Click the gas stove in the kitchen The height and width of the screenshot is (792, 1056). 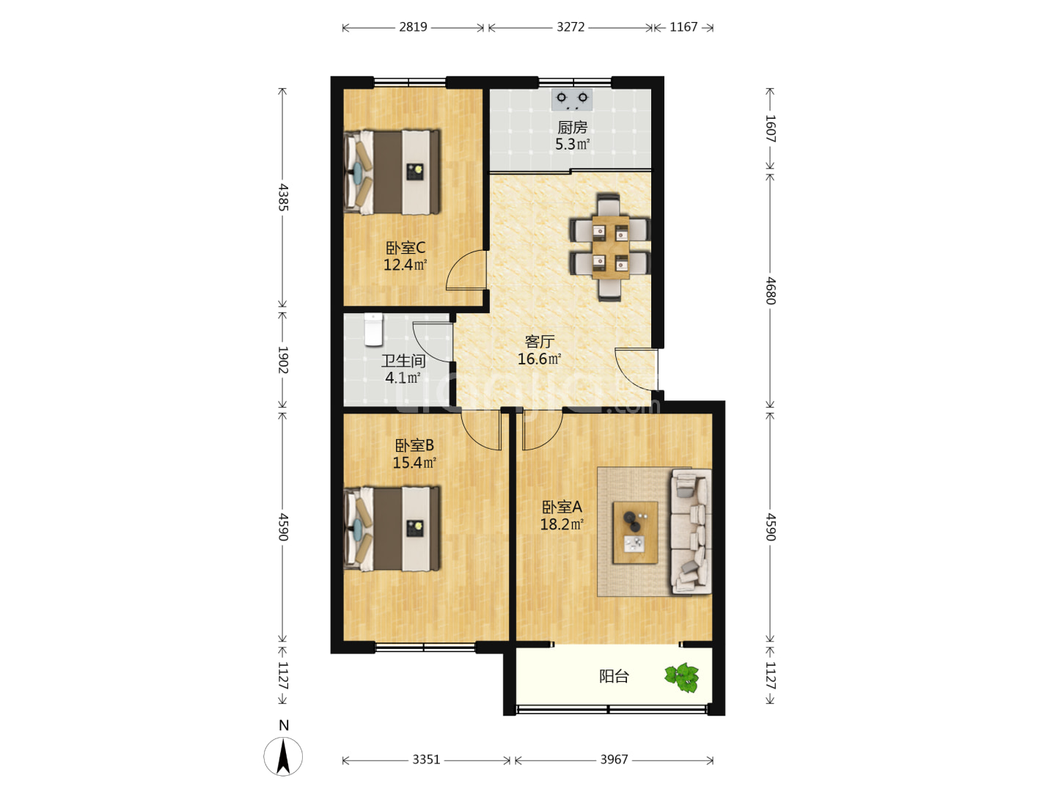pos(571,100)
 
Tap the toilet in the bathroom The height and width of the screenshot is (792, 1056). pos(373,329)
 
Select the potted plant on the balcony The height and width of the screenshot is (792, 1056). pos(682,678)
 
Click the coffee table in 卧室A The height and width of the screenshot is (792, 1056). pos(635,532)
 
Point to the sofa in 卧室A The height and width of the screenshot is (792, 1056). pos(691,532)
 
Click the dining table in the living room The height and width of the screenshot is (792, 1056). pos(610,247)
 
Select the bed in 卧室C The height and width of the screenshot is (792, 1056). pos(392,172)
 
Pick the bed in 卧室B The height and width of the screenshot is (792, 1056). pos(392,529)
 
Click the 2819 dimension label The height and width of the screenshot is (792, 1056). pos(413,27)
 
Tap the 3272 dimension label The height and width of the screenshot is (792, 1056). pos(570,27)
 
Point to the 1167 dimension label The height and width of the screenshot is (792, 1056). pos(683,27)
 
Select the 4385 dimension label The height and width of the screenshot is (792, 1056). pos(283,197)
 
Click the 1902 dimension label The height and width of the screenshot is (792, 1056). pos(283,359)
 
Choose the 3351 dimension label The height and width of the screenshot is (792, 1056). pos(426,759)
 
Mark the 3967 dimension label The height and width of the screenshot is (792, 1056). pos(614,759)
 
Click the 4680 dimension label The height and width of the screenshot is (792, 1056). pos(771,291)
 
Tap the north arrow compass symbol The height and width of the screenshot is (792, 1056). pos(283,756)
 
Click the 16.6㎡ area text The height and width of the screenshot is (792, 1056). pos(539,359)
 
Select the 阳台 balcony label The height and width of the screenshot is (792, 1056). pos(614,677)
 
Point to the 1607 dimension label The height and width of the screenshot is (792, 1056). pos(771,128)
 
